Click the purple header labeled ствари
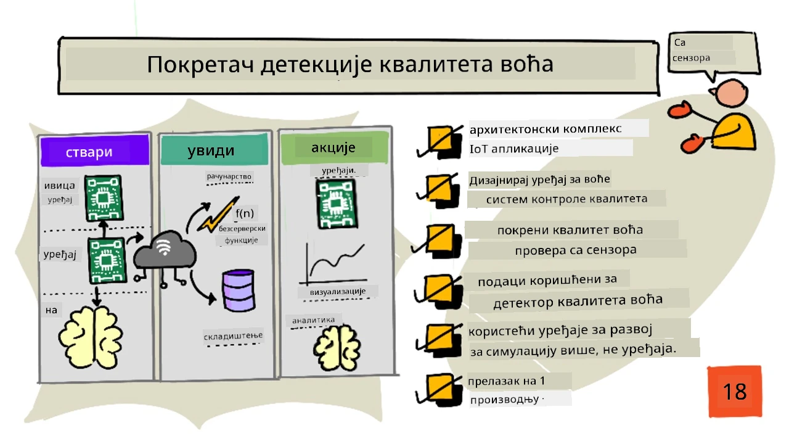pyautogui.click(x=95, y=151)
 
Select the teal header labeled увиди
pyautogui.click(x=214, y=150)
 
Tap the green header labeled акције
pyautogui.click(x=335, y=147)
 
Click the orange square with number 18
pyautogui.click(x=735, y=391)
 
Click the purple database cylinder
pyautogui.click(x=239, y=290)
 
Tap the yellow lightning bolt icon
pyautogui.click(x=218, y=215)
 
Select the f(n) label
pyautogui.click(x=245, y=213)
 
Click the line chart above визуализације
pyautogui.click(x=333, y=264)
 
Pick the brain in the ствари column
pyautogui.click(x=91, y=337)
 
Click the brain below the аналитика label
pyautogui.click(x=337, y=348)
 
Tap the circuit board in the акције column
pyautogui.click(x=337, y=204)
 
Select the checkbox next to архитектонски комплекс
pyautogui.click(x=439, y=142)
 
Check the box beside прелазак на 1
pyautogui.click(x=439, y=390)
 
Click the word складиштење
pyautogui.click(x=233, y=335)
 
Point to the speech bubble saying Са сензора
pyautogui.click(x=714, y=54)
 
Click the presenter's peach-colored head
pyautogui.click(x=731, y=93)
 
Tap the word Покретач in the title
pyautogui.click(x=200, y=65)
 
